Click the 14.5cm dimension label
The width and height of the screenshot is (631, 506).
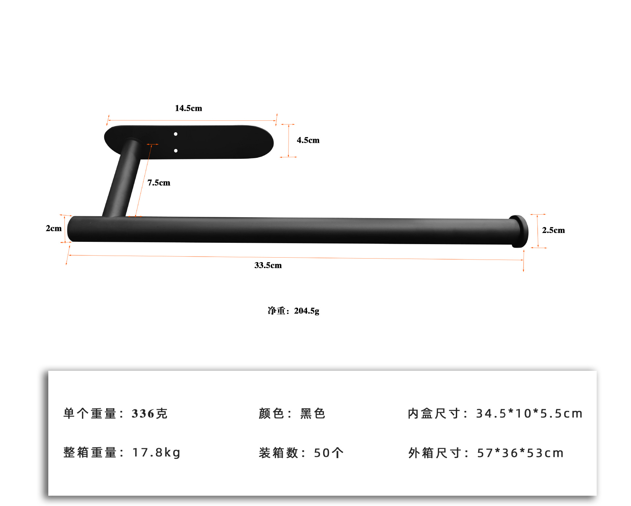coord(188,108)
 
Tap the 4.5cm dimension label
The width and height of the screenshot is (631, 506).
coord(308,140)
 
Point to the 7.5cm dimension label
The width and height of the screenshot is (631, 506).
coord(159,183)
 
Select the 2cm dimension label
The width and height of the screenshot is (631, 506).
coord(54,228)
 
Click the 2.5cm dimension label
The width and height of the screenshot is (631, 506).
coord(553,230)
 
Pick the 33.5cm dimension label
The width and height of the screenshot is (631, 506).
coord(268,265)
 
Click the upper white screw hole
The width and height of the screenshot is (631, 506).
coord(176,134)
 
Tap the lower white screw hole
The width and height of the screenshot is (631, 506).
coord(176,151)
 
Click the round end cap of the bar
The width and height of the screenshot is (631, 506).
coord(519,231)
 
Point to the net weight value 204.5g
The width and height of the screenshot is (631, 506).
coord(307,311)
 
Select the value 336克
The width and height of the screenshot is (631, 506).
coord(150,413)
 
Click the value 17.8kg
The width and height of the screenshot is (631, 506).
coord(156,453)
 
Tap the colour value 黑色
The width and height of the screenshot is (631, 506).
coord(313,413)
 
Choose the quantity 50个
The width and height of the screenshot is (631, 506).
coord(328,453)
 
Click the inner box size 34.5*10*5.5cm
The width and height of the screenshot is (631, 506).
coord(529,413)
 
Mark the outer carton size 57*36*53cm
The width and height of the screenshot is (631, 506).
coord(520,453)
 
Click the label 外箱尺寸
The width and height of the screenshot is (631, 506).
coord(435,453)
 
